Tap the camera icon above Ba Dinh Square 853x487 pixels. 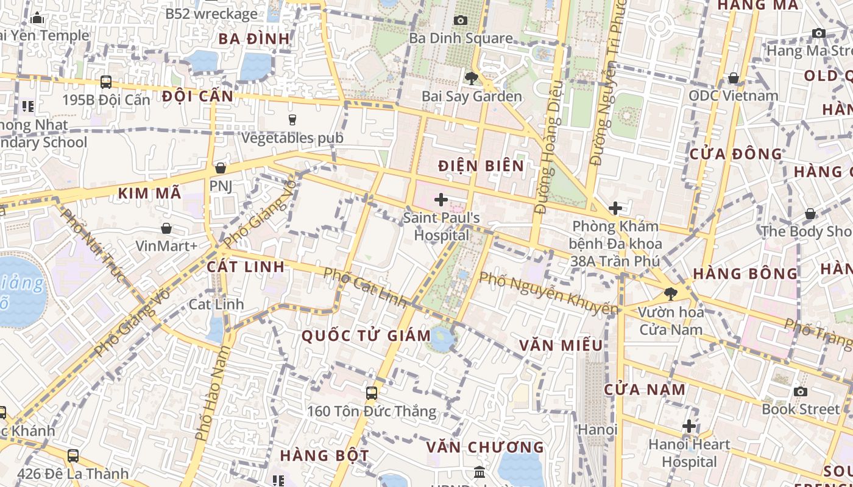[x=461, y=20]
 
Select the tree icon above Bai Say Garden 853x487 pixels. [x=471, y=78]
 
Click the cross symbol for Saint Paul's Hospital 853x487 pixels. [x=441, y=199]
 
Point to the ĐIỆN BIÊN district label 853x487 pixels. [x=481, y=166]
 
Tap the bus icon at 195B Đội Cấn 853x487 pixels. [x=106, y=82]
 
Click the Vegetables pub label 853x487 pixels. [x=292, y=138]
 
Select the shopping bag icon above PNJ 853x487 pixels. [x=221, y=167]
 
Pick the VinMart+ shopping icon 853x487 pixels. [x=166, y=228]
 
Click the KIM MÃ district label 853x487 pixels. [x=149, y=194]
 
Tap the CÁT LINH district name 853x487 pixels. [x=246, y=267]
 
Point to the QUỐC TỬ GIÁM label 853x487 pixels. [x=366, y=335]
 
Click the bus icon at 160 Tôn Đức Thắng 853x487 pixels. [x=371, y=393]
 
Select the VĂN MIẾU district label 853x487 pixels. [x=561, y=346]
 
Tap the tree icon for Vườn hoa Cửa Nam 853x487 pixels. [x=671, y=295]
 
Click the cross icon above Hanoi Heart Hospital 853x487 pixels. [x=689, y=426]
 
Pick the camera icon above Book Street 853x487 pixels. [x=801, y=391]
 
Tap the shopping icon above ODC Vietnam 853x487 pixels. [x=734, y=78]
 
